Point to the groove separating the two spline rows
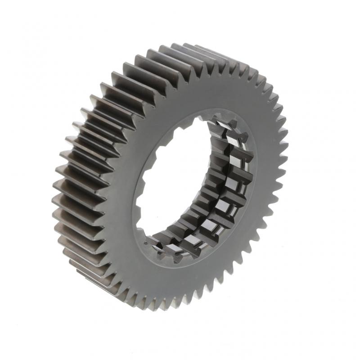coord(225,189)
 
